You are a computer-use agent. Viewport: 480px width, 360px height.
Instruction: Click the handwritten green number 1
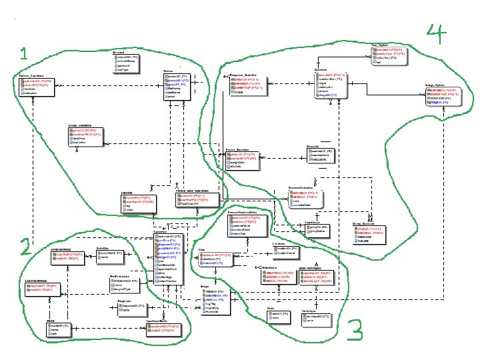tap(24, 53)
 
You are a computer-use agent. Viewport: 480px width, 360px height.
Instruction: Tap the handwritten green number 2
tap(25, 248)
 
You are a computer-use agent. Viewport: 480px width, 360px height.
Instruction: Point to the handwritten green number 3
tap(355, 329)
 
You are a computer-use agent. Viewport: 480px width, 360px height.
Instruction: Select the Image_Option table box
tap(441, 96)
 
